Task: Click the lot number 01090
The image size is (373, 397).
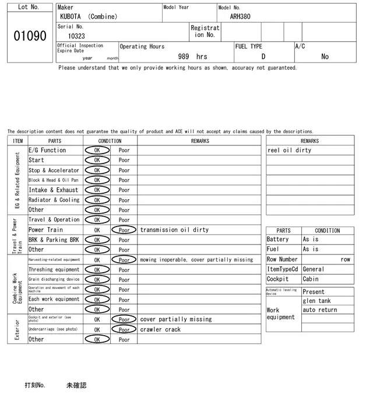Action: pyautogui.click(x=30, y=36)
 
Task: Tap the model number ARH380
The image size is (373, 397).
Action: pyautogui.click(x=240, y=17)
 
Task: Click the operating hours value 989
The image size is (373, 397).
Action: pyautogui.click(x=184, y=57)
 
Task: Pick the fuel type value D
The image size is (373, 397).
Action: pyautogui.click(x=263, y=57)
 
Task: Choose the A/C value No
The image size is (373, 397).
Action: pyautogui.click(x=325, y=57)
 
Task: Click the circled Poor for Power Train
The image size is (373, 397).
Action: pyautogui.click(x=124, y=230)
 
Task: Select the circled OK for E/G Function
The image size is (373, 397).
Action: pyautogui.click(x=97, y=150)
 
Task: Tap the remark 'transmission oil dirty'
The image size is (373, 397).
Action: pyautogui.click(x=174, y=230)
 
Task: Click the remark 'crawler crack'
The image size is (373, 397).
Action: pyautogui.click(x=160, y=329)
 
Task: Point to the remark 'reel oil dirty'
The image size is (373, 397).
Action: pyautogui.click(x=290, y=150)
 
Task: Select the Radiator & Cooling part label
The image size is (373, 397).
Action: pyautogui.click(x=54, y=200)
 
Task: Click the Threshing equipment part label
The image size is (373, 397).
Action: pyautogui.click(x=54, y=270)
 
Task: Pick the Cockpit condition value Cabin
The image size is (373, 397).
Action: pyautogui.click(x=311, y=279)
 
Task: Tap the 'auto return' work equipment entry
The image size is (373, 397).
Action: pyautogui.click(x=320, y=309)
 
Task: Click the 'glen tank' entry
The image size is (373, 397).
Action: pyautogui.click(x=316, y=301)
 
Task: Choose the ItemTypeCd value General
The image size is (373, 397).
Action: pyautogui.click(x=314, y=269)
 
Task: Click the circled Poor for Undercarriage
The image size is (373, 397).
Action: pyautogui.click(x=124, y=329)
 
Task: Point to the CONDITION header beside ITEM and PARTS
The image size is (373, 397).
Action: pyautogui.click(x=110, y=141)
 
